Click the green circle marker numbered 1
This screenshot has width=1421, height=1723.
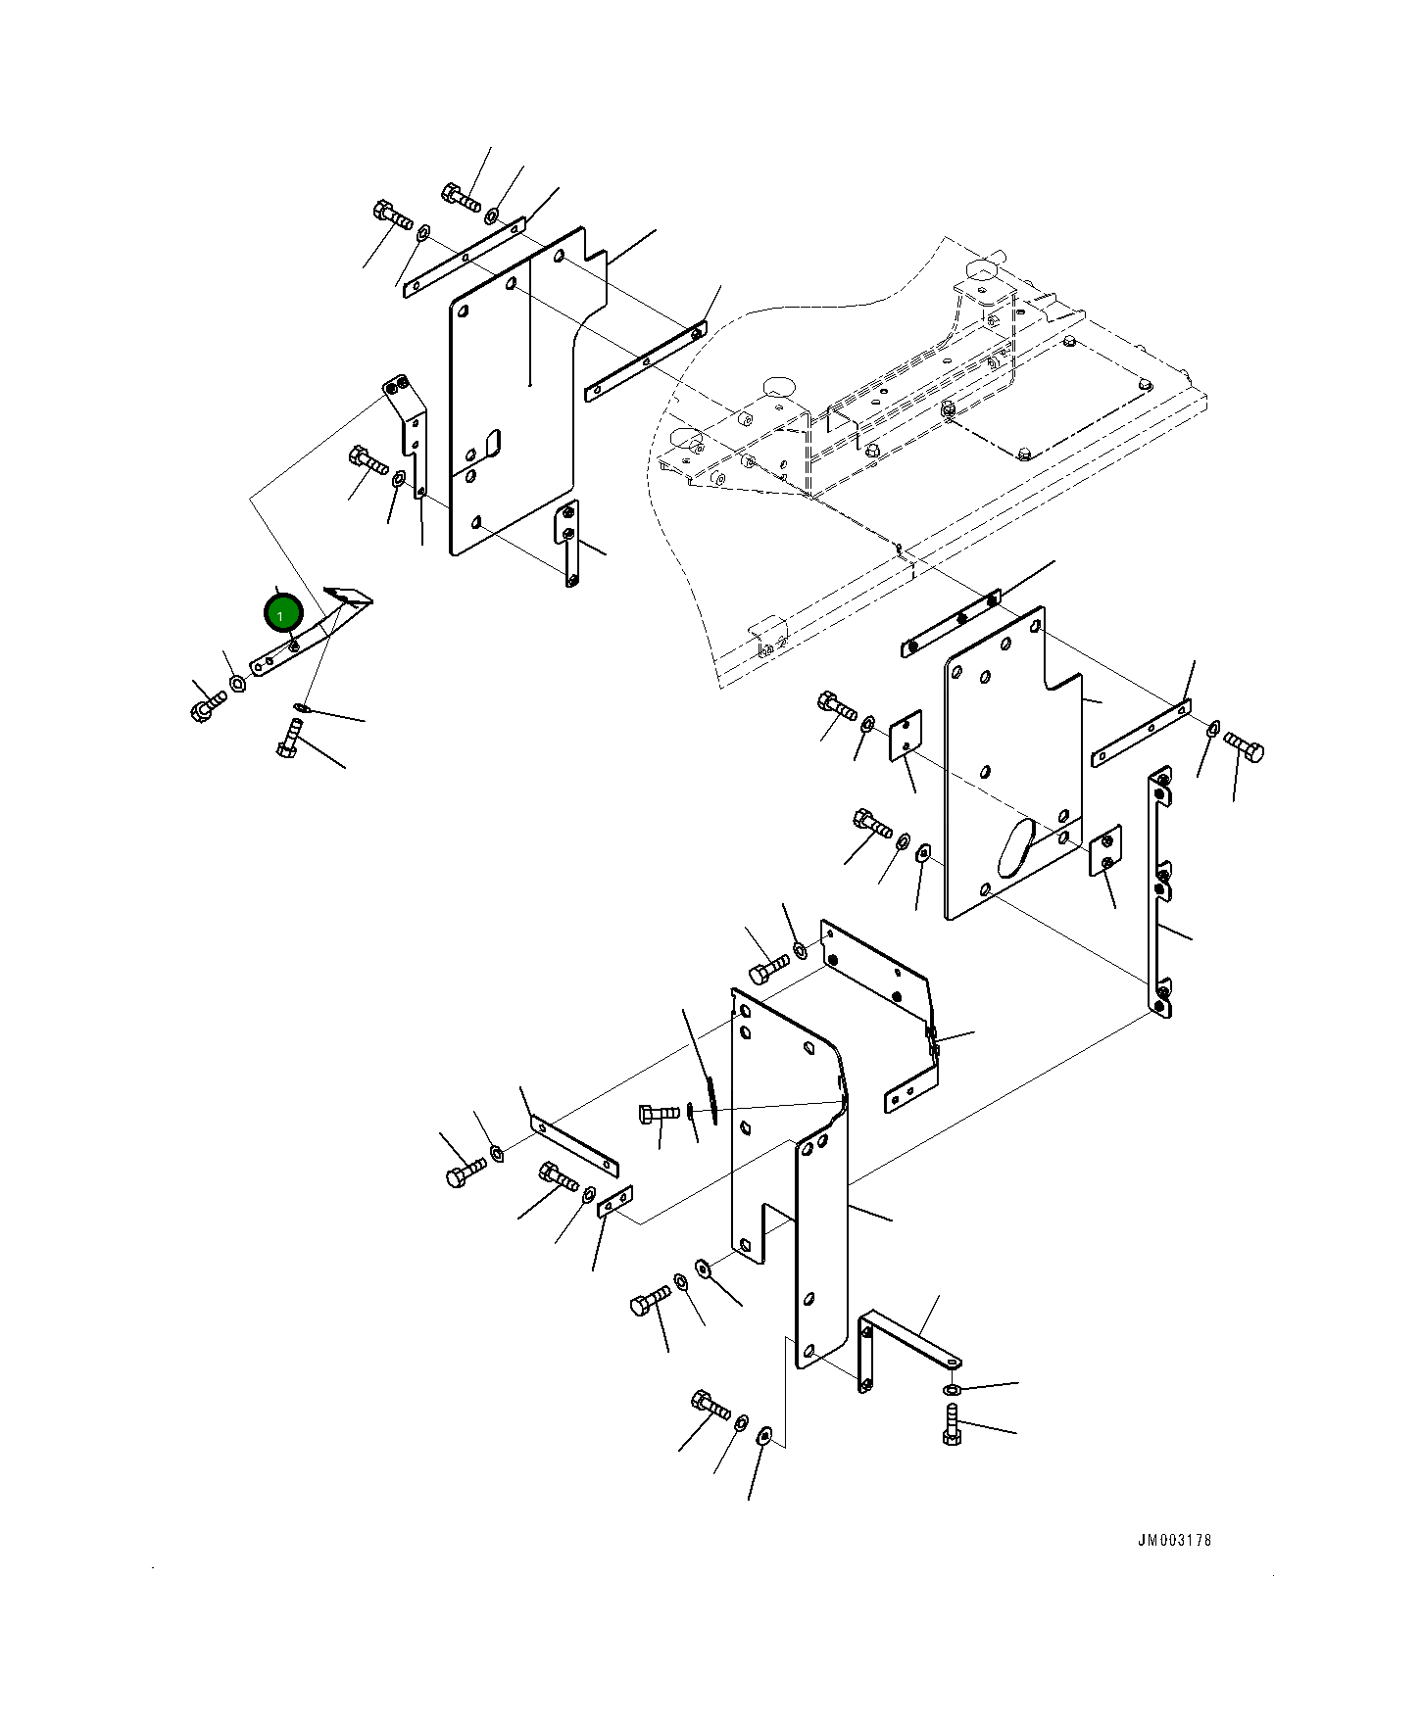(x=283, y=614)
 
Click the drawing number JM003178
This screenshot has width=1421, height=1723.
(x=1173, y=1540)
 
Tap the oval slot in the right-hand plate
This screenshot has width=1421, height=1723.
(x=1014, y=847)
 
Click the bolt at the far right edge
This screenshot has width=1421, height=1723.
(x=1245, y=748)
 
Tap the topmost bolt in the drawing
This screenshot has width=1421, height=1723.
(x=460, y=197)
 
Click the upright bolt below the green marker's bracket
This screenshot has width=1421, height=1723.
(x=289, y=738)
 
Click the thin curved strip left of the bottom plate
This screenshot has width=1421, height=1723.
(x=710, y=1099)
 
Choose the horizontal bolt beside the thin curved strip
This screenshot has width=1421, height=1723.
(x=659, y=1114)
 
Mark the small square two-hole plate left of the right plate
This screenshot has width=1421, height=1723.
(x=906, y=736)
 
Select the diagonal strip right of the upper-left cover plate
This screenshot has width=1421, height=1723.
(x=645, y=361)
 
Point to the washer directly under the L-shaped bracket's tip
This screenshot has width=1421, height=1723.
(x=952, y=1390)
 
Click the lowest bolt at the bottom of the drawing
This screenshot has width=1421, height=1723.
(x=710, y=1406)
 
